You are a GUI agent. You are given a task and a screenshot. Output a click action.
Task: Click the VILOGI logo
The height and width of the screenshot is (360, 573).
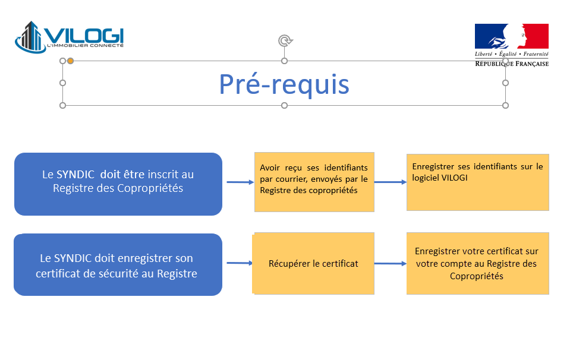69,37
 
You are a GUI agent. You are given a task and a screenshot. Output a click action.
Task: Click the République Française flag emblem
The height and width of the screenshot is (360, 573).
512,36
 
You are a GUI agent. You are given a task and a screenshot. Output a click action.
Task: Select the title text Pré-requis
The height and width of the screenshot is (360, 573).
284,84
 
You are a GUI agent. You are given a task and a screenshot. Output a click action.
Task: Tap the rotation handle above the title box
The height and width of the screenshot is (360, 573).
285,40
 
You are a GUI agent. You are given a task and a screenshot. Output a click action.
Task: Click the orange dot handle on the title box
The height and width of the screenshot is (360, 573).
70,61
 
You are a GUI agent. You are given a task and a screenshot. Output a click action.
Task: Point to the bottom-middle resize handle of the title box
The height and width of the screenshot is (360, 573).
284,106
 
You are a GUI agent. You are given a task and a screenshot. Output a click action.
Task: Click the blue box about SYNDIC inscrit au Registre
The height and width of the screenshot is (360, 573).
118,184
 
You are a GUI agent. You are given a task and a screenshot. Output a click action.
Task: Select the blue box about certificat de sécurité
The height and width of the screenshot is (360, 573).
118,265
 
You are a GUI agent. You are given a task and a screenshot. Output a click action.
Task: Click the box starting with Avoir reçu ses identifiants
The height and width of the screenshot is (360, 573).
314,182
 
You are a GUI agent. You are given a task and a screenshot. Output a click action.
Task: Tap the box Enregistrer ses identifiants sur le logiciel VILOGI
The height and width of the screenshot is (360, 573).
478,182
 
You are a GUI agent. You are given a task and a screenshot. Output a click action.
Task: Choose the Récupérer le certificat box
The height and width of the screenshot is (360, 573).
313,263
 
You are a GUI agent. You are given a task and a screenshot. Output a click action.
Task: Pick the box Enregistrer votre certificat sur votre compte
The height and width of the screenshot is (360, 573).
478,263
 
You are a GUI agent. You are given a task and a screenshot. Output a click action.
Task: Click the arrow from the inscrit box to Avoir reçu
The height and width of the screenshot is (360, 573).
240,182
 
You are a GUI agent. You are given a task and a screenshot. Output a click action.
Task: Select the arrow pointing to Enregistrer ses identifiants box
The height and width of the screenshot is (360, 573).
391,182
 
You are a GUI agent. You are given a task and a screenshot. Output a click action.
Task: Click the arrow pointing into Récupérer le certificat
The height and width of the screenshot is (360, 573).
240,263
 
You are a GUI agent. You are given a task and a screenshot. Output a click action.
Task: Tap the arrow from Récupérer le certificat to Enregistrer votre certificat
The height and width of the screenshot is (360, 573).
391,263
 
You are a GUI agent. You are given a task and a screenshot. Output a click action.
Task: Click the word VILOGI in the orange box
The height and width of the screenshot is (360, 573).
455,178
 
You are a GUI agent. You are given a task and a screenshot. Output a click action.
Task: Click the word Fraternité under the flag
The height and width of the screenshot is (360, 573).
536,54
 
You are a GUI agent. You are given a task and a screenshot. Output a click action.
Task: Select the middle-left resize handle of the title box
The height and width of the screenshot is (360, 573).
63,83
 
